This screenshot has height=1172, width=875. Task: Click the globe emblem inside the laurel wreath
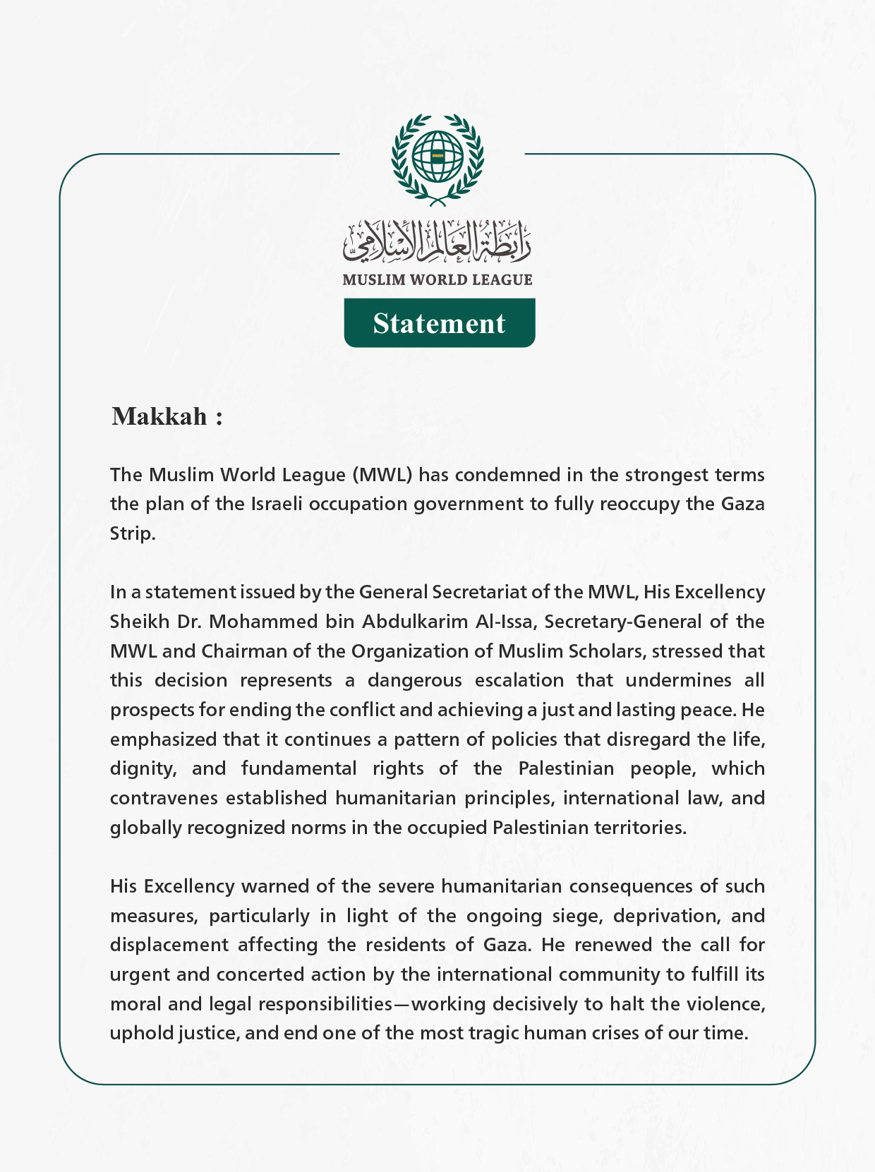click(x=437, y=155)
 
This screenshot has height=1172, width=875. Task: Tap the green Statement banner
click(x=439, y=323)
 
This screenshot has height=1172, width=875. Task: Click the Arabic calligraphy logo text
click(x=437, y=240)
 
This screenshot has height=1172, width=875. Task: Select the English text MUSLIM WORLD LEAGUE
click(x=437, y=280)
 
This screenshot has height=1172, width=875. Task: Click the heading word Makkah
click(x=159, y=416)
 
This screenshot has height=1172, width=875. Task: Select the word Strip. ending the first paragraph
click(x=132, y=534)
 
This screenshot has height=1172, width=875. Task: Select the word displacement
click(x=169, y=946)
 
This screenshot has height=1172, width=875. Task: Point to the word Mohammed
click(x=263, y=622)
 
